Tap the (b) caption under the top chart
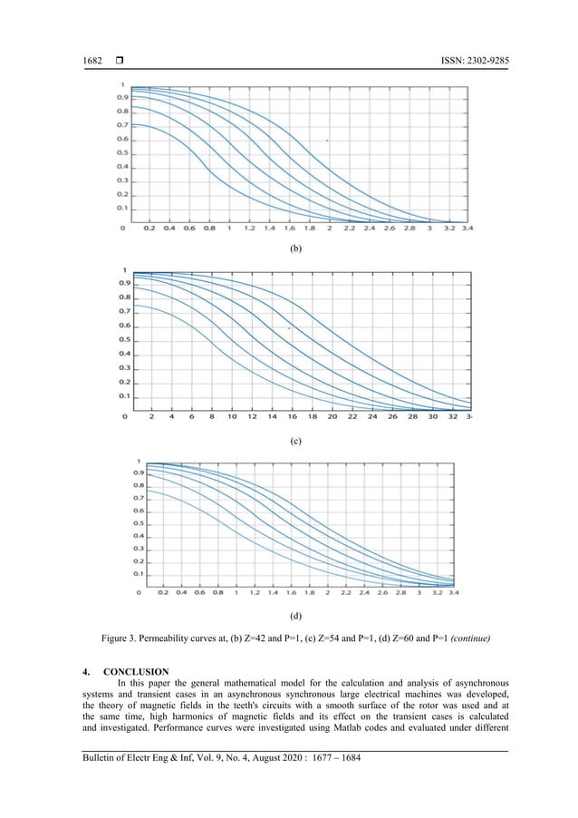(294, 246)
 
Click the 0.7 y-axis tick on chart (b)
(121, 124)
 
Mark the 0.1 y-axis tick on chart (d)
(139, 573)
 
